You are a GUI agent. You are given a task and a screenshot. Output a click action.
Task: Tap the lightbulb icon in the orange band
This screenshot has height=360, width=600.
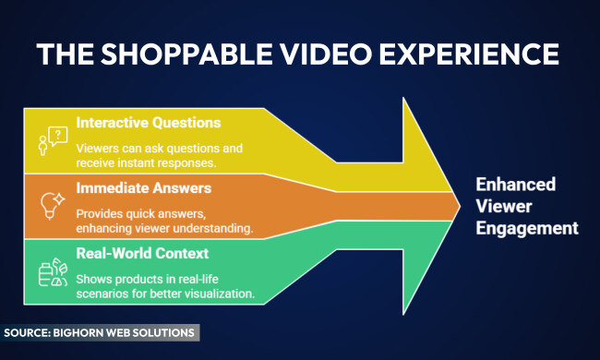[x=52, y=204]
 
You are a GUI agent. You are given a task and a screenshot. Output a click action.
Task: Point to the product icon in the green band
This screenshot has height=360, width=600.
[x=52, y=271]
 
